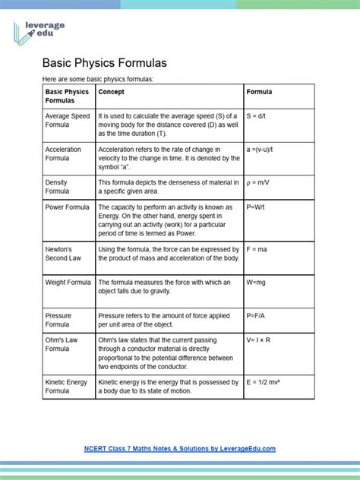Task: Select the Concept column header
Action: tap(114, 92)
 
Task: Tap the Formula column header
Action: tap(259, 92)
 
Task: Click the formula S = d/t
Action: tap(258, 115)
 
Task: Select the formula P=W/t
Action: tap(258, 207)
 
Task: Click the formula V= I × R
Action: tap(262, 339)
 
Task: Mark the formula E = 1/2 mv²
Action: tap(267, 382)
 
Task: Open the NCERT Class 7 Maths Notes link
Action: tap(179, 449)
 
